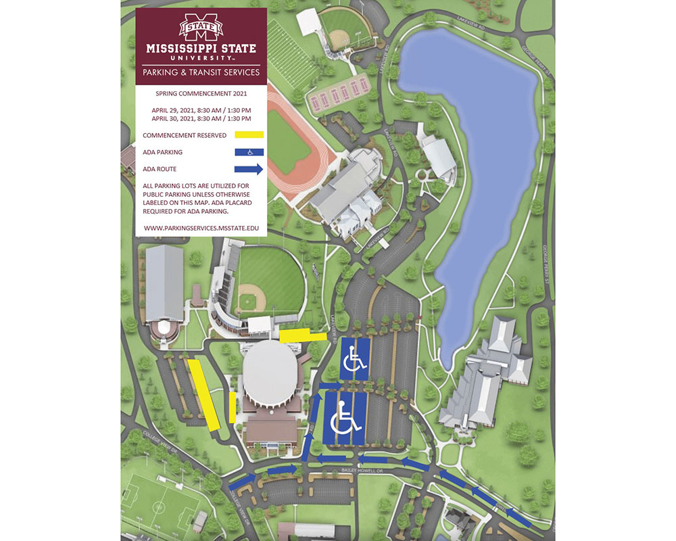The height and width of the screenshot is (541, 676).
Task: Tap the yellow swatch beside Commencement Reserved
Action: coord(250,135)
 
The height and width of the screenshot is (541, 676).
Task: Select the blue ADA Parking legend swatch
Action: coord(249,152)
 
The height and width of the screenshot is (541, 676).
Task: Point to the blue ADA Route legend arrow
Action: coord(249,169)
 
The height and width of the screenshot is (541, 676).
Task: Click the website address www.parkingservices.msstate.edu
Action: coord(201,229)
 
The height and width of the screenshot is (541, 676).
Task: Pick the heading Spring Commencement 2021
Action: coord(201,93)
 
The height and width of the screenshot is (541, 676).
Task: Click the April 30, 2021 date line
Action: coord(201,118)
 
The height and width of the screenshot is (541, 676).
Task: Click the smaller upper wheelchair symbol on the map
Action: coord(355,359)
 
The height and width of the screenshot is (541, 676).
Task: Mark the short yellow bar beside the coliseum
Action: coord(233,407)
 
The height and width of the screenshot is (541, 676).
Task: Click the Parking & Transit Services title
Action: coord(201,72)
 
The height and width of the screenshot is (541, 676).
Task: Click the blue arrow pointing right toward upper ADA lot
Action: coord(331,386)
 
